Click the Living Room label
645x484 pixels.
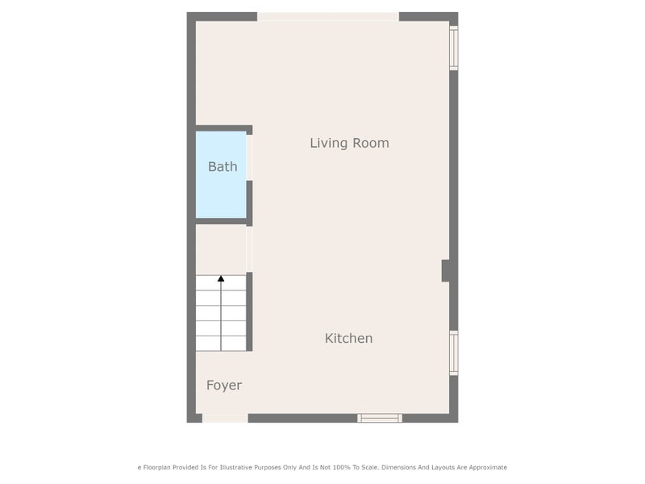click(x=349, y=143)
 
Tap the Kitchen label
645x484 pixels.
click(x=348, y=338)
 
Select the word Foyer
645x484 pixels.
click(x=224, y=386)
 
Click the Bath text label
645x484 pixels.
click(x=223, y=167)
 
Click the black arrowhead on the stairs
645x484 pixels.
click(x=221, y=278)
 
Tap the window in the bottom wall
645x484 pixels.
click(x=380, y=418)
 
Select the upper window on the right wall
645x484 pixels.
click(x=453, y=48)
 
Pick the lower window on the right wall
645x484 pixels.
click(x=453, y=353)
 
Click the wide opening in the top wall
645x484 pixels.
click(x=328, y=16)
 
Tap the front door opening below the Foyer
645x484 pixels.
click(x=225, y=418)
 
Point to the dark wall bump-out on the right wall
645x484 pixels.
click(x=446, y=271)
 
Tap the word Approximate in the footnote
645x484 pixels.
click(x=488, y=468)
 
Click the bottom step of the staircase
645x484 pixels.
click(x=221, y=344)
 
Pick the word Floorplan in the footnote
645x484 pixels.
click(x=156, y=468)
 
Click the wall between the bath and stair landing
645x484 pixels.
click(x=221, y=221)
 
